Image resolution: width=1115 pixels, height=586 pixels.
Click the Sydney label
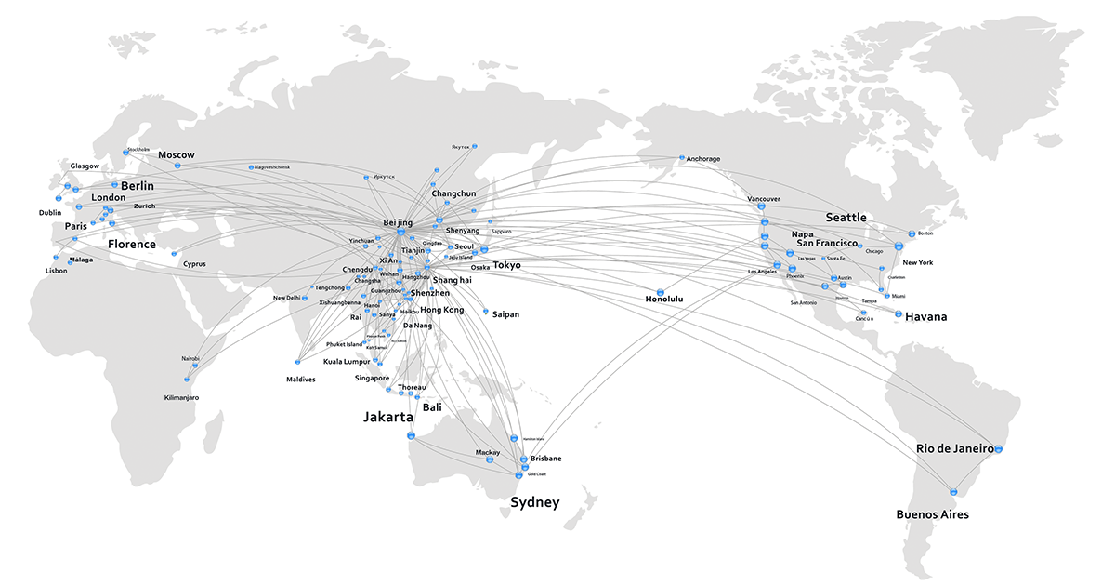coord(535,503)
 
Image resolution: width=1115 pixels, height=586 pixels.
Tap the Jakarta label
coord(387,418)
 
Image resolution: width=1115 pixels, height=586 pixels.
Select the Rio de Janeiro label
coord(955,447)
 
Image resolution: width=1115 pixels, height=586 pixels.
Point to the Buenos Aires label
coord(932,514)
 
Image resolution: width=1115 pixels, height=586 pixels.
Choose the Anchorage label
coord(703,159)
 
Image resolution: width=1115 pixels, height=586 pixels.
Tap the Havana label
coord(926,317)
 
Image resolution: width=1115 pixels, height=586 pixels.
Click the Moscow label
coord(177,154)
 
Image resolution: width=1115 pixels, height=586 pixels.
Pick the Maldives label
coord(301,380)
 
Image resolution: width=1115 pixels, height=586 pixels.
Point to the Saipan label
coord(505,314)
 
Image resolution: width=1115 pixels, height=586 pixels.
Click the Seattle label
coord(846,218)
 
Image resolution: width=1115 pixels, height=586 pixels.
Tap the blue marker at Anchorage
coord(681,157)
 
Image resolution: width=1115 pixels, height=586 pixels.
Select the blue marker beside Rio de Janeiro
coord(999,449)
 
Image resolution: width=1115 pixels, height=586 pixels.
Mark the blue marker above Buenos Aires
coord(952,491)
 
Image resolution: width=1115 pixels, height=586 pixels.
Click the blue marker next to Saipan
coord(486,312)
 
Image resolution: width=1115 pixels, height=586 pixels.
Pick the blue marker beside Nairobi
coord(196,366)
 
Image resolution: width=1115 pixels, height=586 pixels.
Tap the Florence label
coord(131,245)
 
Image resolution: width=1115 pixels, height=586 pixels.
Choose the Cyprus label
coord(194,264)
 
